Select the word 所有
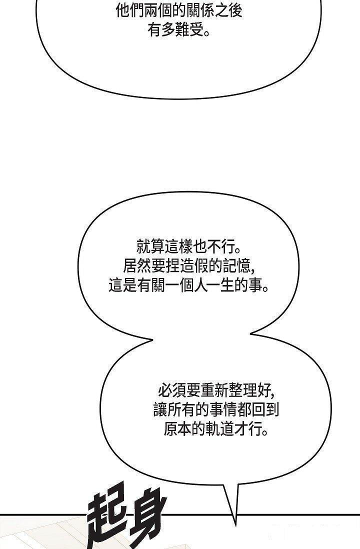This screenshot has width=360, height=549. (181, 409)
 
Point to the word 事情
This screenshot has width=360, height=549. (223, 409)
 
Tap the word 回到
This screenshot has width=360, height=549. (265, 409)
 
